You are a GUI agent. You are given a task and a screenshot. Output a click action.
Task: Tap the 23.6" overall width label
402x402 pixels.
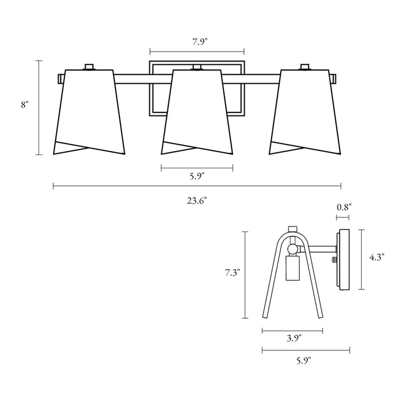(x=197, y=200)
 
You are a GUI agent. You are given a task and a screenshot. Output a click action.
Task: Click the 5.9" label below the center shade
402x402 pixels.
(x=197, y=177)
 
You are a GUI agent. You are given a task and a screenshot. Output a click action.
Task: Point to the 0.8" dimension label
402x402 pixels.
(x=344, y=207)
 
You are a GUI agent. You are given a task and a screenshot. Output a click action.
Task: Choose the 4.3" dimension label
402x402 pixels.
(x=377, y=258)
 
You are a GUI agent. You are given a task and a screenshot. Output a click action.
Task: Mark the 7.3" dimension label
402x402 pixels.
(x=231, y=273)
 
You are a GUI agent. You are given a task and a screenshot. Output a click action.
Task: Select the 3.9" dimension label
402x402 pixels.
(x=293, y=339)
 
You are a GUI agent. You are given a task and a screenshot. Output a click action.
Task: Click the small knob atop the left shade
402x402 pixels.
(x=88, y=67)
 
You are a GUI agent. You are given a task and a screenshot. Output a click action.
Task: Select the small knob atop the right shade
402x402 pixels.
(x=306, y=67)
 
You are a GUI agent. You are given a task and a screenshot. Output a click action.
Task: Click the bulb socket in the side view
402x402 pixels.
(x=293, y=269)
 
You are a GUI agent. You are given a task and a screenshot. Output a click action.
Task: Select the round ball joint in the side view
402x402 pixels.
(x=293, y=249)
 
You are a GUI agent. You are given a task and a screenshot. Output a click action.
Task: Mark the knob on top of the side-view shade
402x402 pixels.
(x=292, y=229)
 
